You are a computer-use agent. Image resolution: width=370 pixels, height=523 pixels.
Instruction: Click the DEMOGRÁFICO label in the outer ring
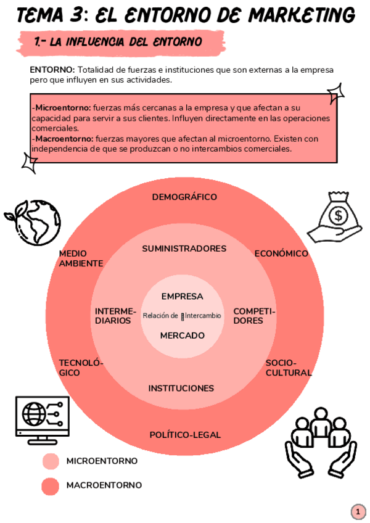184,197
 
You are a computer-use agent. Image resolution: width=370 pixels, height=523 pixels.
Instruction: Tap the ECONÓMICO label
281,253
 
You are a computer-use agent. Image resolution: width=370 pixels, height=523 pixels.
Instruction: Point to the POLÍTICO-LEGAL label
185,435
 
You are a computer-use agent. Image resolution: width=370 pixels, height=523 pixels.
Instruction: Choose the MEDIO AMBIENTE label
81,258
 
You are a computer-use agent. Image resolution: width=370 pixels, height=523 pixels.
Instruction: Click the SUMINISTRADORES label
184,249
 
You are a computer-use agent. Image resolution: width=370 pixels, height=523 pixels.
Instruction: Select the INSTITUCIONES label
181,388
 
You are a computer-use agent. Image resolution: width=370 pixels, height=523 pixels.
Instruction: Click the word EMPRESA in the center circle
182,296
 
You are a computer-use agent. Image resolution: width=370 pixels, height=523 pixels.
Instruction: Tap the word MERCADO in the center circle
183,336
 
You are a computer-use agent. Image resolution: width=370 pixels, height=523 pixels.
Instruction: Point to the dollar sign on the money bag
338,215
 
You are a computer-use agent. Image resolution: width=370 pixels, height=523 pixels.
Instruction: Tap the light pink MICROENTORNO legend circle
51,461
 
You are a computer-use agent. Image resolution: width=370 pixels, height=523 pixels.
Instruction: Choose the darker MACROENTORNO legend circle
51,486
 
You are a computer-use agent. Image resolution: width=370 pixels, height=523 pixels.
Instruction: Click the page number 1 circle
358,511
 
